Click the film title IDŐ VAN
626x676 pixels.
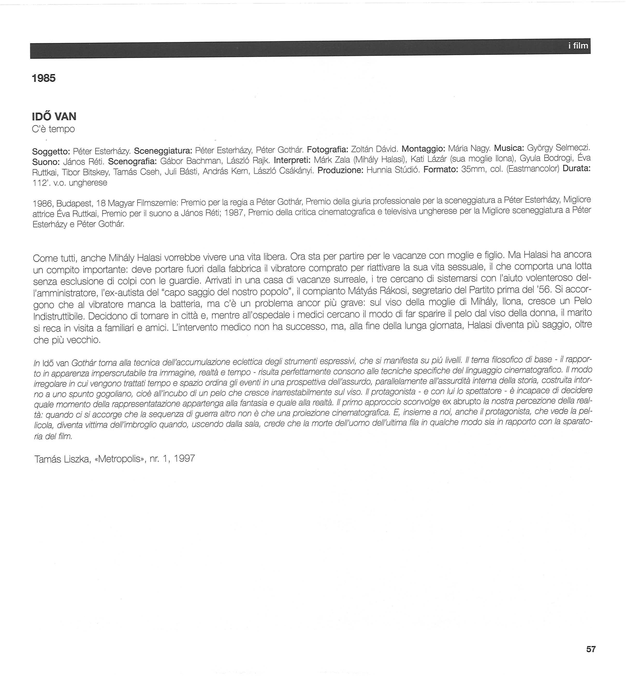click(x=54, y=117)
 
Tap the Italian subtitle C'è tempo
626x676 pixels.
click(x=53, y=129)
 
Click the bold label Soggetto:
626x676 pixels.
click(x=51, y=151)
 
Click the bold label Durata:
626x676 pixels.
click(x=577, y=168)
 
